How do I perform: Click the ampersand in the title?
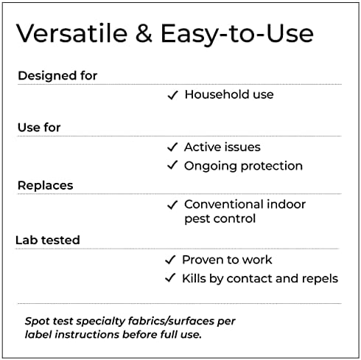(x=144, y=33)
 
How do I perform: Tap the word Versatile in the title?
(x=72, y=33)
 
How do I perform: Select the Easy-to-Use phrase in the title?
(x=237, y=35)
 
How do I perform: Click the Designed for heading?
(x=57, y=75)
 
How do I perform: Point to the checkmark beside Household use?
(x=173, y=95)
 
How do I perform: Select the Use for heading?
(x=39, y=128)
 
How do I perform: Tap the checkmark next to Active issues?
(x=172, y=147)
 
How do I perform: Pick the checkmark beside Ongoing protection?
(x=172, y=165)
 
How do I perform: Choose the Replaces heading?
(x=46, y=185)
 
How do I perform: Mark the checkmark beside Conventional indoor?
(x=172, y=204)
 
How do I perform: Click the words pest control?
(x=220, y=218)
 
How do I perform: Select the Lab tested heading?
(x=48, y=240)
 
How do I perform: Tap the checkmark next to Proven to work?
(x=170, y=260)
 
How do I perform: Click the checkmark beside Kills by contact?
(x=170, y=278)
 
